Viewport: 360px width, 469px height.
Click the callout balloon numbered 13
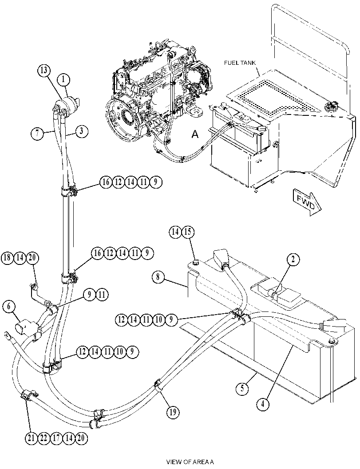click(x=44, y=71)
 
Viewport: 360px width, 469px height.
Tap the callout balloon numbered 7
click(x=38, y=133)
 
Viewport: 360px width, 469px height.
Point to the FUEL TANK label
click(x=240, y=63)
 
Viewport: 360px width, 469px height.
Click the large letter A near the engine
click(x=195, y=135)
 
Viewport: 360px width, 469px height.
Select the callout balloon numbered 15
click(x=187, y=232)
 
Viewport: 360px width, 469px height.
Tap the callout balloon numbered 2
click(x=293, y=259)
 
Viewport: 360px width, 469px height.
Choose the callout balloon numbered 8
click(x=158, y=277)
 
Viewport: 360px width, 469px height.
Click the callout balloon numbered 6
click(x=9, y=306)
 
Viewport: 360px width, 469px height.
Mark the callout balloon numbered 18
click(x=8, y=258)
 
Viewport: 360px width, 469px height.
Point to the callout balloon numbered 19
click(x=173, y=413)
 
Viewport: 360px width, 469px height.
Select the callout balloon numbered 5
click(x=242, y=389)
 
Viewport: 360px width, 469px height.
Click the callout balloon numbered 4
click(x=263, y=404)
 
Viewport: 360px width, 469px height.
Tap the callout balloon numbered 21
click(x=31, y=438)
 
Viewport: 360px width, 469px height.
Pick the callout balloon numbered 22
click(x=44, y=438)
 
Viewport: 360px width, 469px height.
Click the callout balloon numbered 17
click(x=56, y=438)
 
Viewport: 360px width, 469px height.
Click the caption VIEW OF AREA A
click(x=190, y=462)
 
